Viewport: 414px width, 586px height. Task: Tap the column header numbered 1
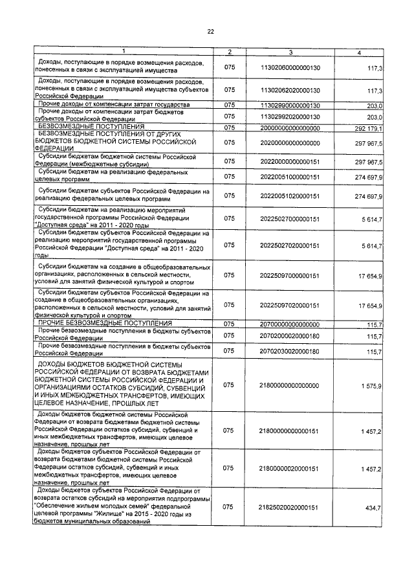tap(123, 52)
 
